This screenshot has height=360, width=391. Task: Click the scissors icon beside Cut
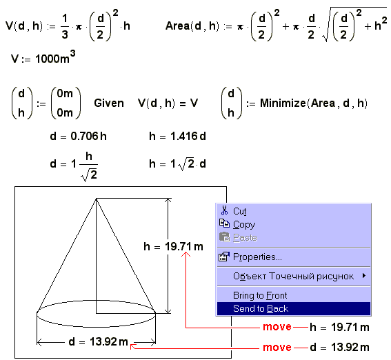pos(224,210)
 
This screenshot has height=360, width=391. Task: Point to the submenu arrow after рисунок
pos(364,276)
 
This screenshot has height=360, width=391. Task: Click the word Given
pos(109,103)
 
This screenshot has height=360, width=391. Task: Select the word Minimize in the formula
pos(283,103)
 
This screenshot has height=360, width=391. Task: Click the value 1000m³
pos(55,57)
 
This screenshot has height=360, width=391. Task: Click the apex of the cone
pos(96,199)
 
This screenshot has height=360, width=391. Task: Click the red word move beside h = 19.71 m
pos(277,327)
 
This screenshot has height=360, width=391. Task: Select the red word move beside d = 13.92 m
pos(277,348)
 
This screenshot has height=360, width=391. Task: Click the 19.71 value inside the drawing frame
pos(178,247)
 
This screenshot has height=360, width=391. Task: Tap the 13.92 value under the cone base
pos(103,341)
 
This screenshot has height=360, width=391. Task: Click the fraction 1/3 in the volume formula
pos(65,26)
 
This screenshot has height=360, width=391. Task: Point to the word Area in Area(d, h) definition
pos(178,26)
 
